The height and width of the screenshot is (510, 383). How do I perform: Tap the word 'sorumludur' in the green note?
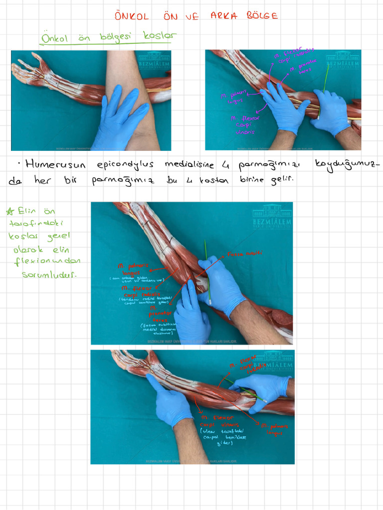click(48, 274)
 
